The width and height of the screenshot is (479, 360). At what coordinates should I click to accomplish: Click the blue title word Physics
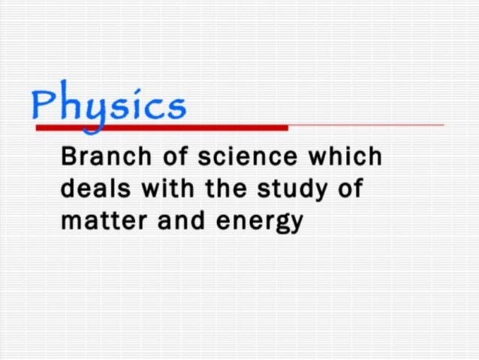(108, 105)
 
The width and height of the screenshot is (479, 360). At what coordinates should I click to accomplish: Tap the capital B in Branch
(69, 159)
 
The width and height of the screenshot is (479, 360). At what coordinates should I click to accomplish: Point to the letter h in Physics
(70, 104)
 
